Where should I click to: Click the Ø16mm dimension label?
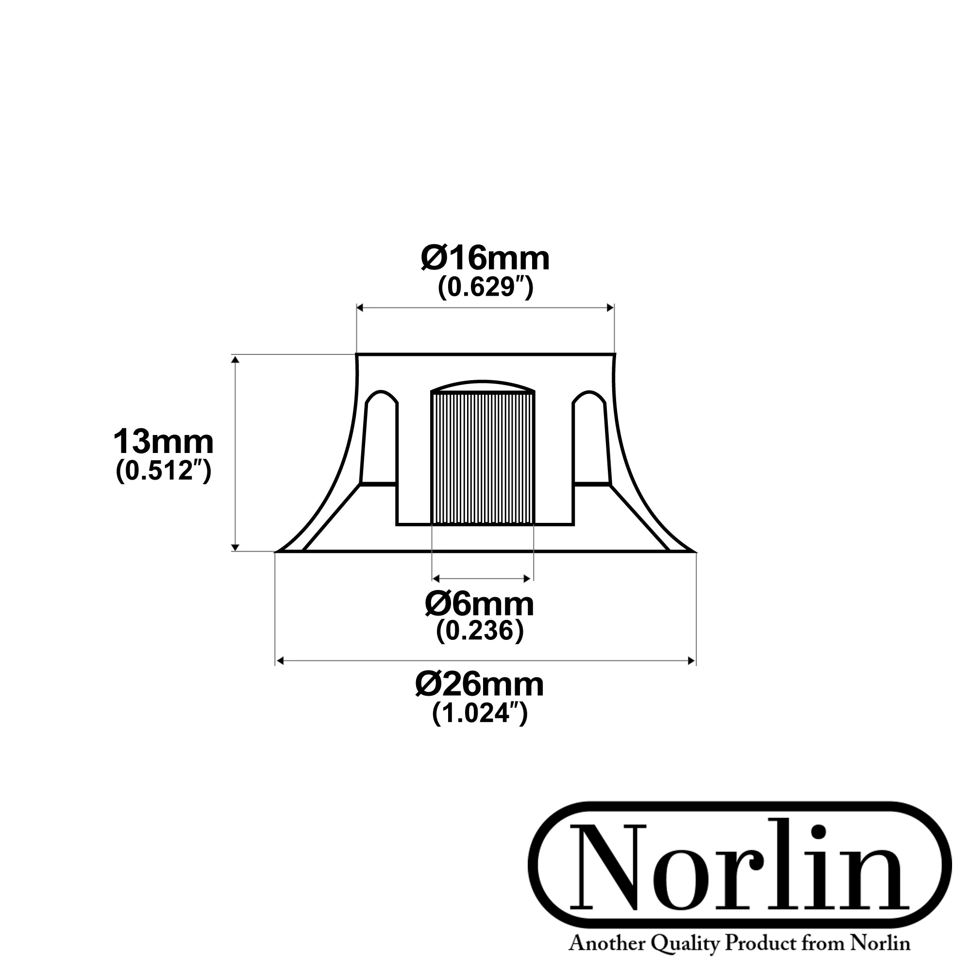(485, 259)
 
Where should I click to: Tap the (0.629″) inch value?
(485, 288)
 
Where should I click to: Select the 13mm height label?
(163, 442)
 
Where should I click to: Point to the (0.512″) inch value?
(163, 471)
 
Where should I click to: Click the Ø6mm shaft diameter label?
(480, 604)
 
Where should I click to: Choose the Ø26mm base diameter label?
(480, 685)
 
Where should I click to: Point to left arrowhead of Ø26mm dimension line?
(281, 661)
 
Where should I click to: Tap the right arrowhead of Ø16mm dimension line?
(611, 308)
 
